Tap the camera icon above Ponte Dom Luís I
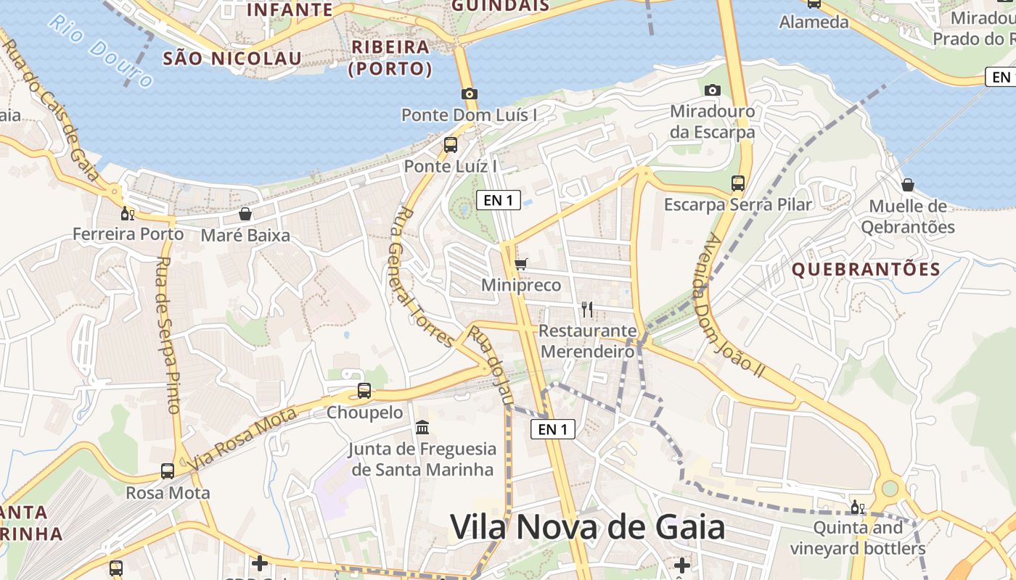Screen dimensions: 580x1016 click(470, 94)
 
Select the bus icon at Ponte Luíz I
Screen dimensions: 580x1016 click(451, 145)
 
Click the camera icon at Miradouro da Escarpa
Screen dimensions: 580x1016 click(713, 90)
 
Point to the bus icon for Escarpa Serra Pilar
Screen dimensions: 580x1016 click(738, 183)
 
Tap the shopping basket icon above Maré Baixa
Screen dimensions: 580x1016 click(245, 214)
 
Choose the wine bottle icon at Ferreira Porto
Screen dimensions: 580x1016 click(128, 213)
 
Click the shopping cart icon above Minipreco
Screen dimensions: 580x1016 click(520, 264)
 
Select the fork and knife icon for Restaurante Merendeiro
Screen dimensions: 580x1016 click(587, 310)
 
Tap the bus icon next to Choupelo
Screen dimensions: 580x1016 click(364, 391)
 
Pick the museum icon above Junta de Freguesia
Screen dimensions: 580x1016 click(422, 428)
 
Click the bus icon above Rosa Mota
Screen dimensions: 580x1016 click(168, 471)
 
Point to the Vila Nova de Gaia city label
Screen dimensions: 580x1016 click(588, 527)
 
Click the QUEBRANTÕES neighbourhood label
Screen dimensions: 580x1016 click(866, 270)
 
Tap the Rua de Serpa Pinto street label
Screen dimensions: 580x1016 click(168, 335)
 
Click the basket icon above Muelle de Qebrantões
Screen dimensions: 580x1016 click(907, 185)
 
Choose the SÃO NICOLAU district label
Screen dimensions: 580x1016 click(232, 59)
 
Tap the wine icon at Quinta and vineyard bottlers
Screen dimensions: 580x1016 click(857, 507)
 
